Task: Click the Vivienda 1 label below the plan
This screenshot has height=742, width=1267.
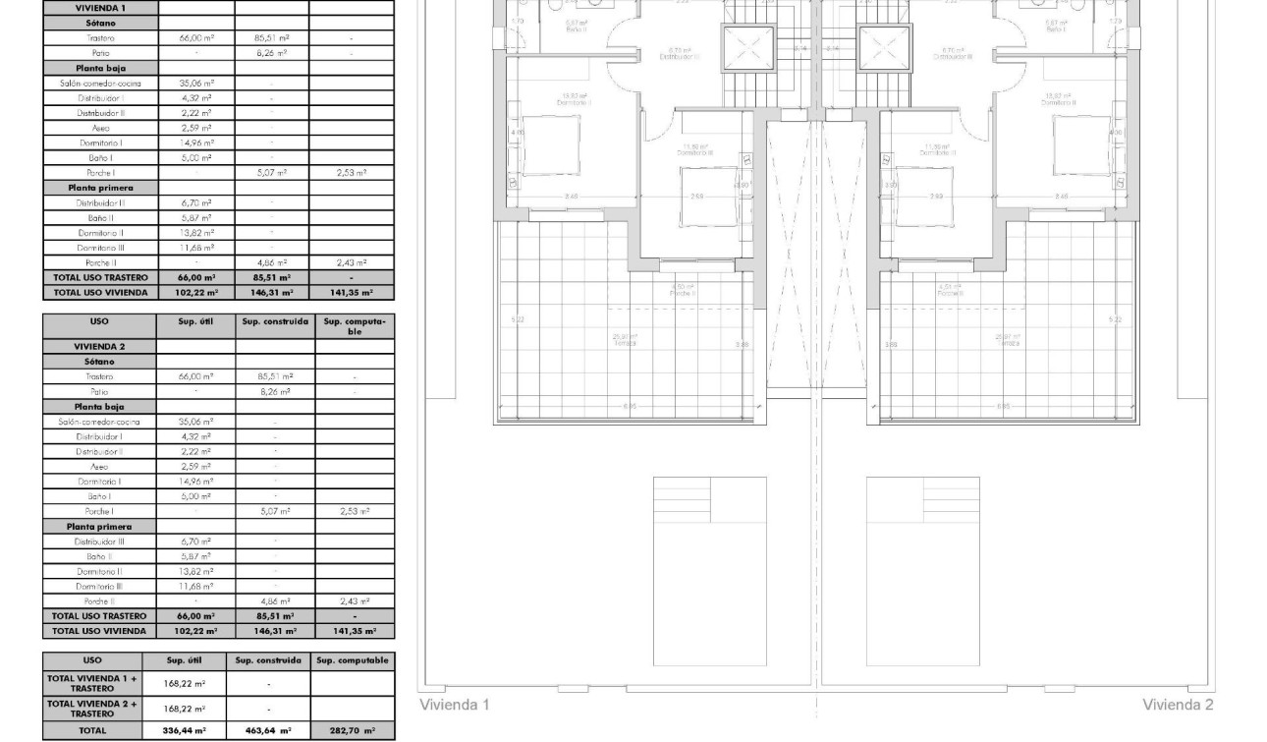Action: point(454,705)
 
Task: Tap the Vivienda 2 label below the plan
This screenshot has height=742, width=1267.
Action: point(1178,705)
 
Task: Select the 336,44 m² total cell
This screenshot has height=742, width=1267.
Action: point(185,731)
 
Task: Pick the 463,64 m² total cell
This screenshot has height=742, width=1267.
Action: point(268,731)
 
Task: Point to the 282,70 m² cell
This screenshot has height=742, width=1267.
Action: point(353,731)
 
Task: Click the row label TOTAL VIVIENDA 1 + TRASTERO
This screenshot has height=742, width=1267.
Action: point(92,683)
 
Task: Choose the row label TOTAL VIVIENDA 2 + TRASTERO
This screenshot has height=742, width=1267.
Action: point(92,709)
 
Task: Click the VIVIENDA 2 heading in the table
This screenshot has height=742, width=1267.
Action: point(99,346)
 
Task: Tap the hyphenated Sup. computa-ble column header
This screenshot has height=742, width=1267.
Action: point(355,326)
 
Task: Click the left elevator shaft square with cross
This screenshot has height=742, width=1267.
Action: point(741,48)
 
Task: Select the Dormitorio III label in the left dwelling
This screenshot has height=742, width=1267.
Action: point(695,151)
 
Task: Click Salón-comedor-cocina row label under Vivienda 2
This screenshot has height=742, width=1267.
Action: point(99,421)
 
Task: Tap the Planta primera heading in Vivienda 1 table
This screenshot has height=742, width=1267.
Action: point(99,187)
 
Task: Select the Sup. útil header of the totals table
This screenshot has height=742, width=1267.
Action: point(184,660)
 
